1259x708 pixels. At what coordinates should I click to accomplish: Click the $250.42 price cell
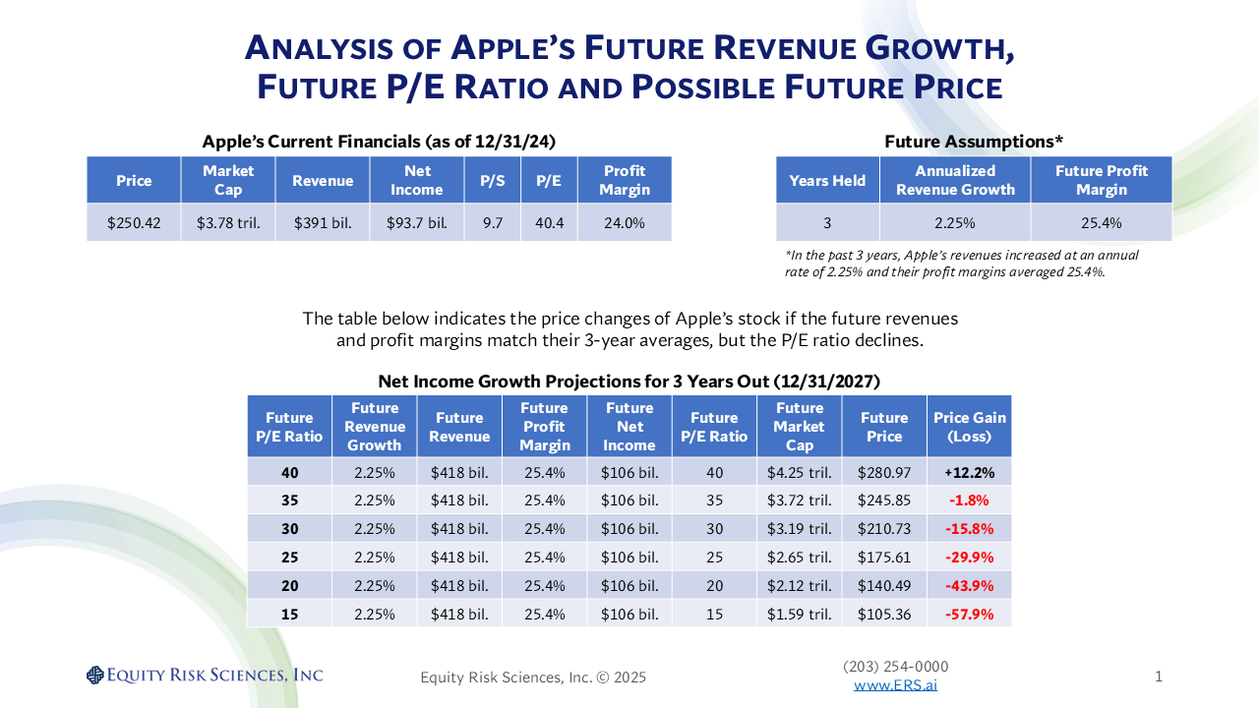coord(134,223)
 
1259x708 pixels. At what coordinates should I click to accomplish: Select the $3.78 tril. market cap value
coord(228,223)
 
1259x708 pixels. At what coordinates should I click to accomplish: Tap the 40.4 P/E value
coord(549,223)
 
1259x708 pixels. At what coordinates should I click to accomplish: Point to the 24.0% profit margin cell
coord(625,223)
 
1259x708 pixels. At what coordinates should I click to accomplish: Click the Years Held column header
coord(827,180)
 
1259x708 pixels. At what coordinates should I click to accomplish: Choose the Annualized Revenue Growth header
coord(955,180)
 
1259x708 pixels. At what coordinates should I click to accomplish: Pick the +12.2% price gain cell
coord(969,472)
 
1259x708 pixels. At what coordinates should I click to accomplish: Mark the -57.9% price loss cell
coord(969,615)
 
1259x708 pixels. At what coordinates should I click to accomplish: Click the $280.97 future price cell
coord(884,472)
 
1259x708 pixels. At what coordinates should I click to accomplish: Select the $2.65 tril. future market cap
coord(800,558)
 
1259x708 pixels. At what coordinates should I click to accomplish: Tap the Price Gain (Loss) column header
coord(969,427)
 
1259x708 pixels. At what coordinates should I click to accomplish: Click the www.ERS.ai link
coord(895,684)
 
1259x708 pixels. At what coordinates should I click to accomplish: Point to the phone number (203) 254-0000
coord(895,667)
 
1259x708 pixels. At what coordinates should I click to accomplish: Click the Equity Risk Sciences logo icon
coord(94,675)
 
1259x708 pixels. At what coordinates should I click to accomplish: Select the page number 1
coord(1159,676)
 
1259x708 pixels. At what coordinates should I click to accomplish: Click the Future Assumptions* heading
coord(973,142)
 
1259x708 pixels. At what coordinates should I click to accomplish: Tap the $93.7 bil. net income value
coord(417,223)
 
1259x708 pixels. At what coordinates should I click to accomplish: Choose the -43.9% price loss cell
coord(969,586)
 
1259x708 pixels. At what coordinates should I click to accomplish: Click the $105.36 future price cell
coord(884,615)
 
